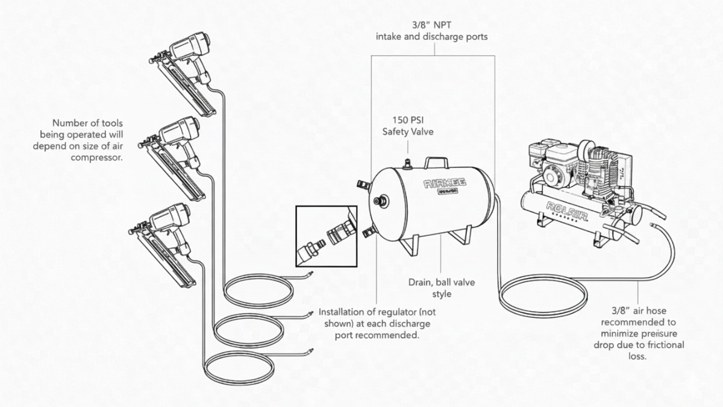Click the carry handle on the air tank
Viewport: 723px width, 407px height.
pyautogui.click(x=436, y=163)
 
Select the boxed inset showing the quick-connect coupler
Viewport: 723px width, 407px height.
pyautogui.click(x=326, y=236)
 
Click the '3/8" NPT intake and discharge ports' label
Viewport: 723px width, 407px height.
pyautogui.click(x=432, y=30)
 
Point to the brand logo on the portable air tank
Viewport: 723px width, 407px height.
pyautogui.click(x=431, y=185)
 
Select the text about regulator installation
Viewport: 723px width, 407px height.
pyautogui.click(x=377, y=323)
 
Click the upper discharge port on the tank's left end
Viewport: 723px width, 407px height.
pyautogui.click(x=365, y=182)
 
